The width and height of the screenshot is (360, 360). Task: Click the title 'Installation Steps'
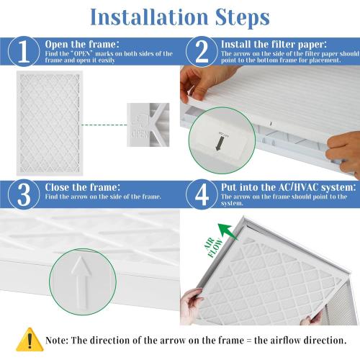click(x=179, y=15)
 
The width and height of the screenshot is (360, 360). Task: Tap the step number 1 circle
click(x=22, y=51)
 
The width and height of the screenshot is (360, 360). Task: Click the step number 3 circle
click(x=22, y=193)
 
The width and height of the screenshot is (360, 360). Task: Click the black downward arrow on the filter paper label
click(x=238, y=145)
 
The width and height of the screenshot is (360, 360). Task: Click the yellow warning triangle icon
click(x=29, y=338)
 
